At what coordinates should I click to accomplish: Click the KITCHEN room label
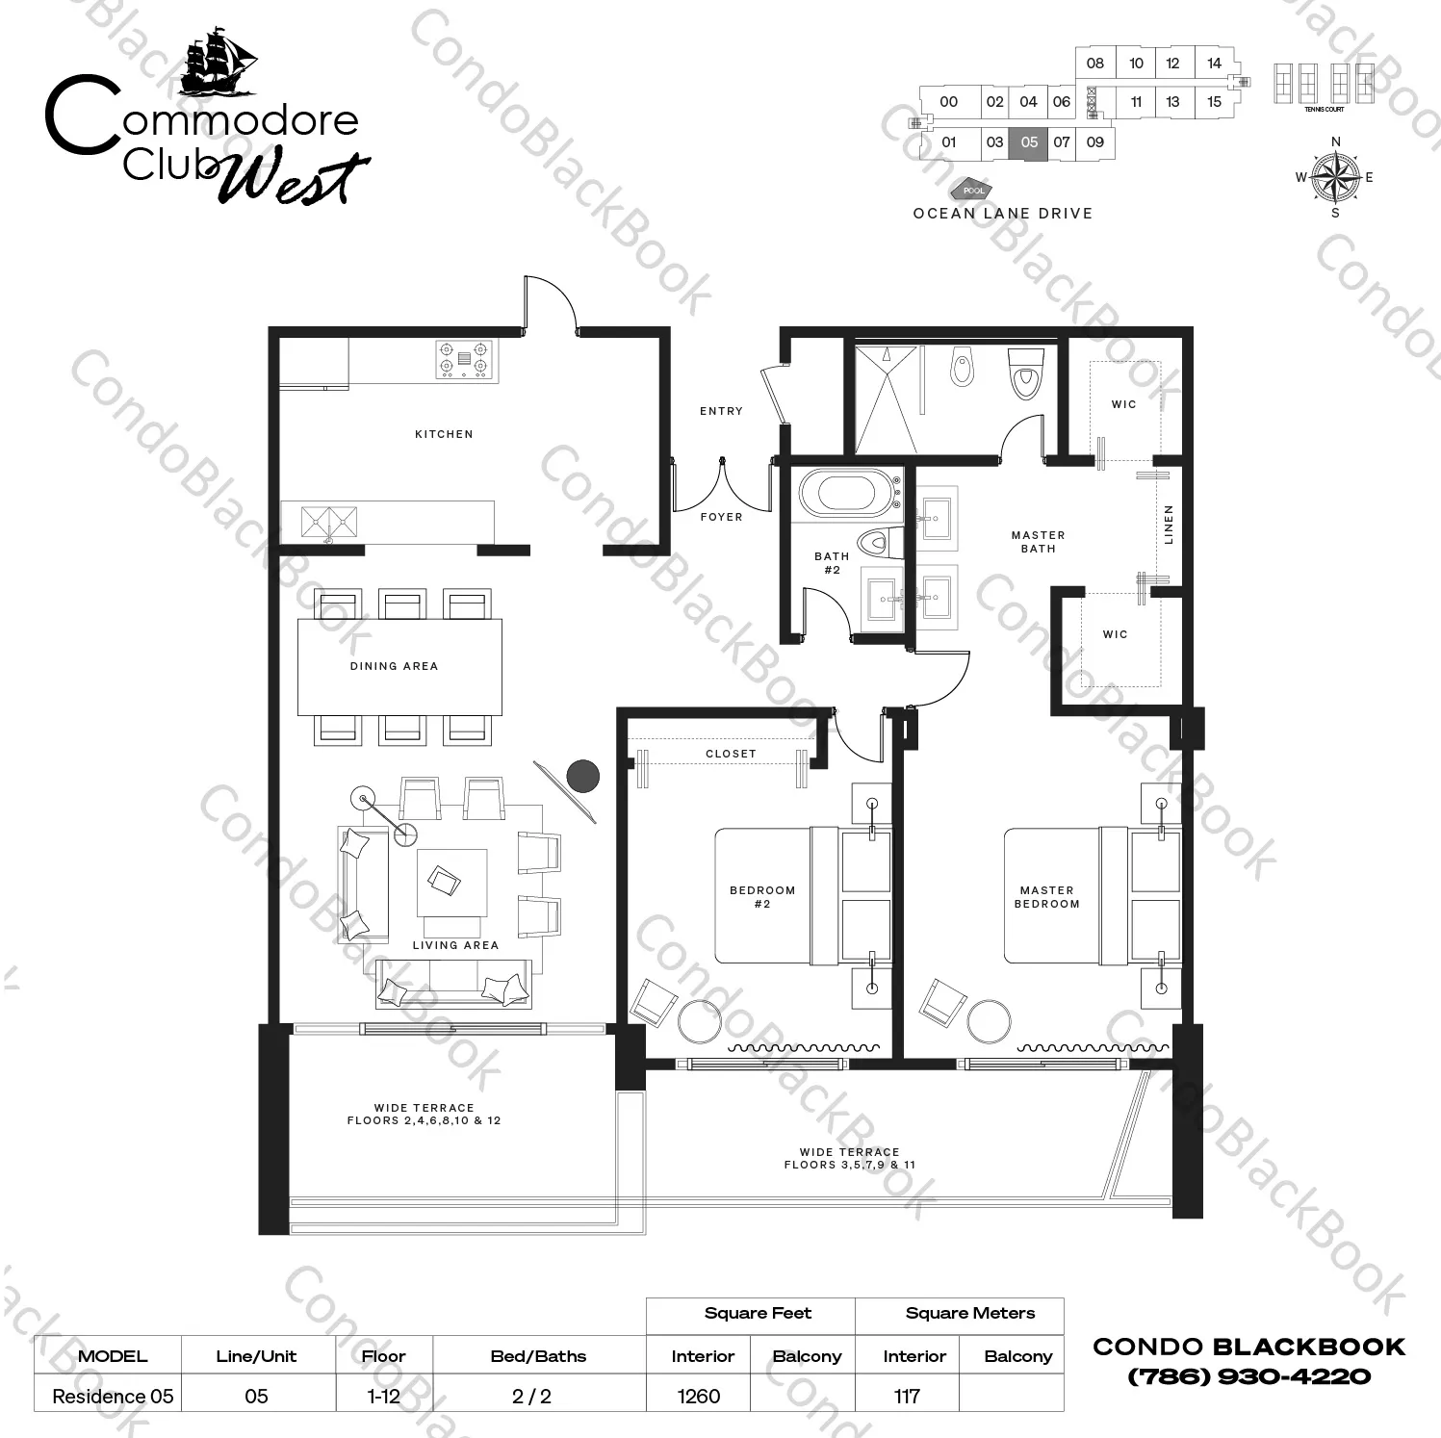[444, 434]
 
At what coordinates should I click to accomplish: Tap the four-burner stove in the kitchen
[465, 360]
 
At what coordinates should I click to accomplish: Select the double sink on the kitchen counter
[328, 522]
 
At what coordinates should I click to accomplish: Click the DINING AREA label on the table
[394, 666]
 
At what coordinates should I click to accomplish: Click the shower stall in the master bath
[886, 398]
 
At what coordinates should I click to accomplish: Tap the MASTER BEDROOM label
[1047, 897]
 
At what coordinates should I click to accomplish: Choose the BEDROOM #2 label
[762, 897]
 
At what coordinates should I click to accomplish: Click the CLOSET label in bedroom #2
[731, 754]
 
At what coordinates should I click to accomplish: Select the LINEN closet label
[1170, 525]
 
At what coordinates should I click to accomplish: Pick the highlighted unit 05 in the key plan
[1029, 142]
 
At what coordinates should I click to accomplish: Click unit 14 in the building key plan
[1214, 64]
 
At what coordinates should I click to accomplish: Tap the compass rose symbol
[1335, 177]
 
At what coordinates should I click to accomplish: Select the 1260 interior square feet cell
[698, 1396]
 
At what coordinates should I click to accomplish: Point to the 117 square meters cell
[907, 1396]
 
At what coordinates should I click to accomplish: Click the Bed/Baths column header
[538, 1356]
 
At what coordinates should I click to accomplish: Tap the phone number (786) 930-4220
[1248, 1376]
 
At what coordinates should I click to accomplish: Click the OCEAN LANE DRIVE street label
[1003, 214]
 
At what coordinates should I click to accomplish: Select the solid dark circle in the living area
[583, 775]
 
